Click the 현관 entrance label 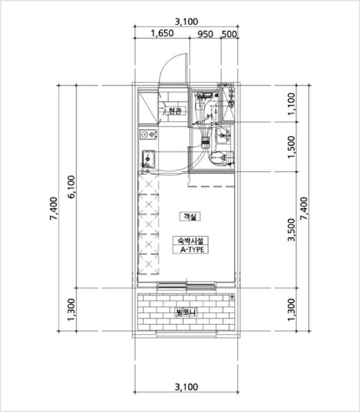coord(175,111)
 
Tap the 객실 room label coord(190,217)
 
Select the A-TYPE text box coord(191,250)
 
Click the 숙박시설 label coord(191,240)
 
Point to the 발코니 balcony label coord(186,313)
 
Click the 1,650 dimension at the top coord(162,34)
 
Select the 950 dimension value coord(205,34)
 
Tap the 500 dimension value coord(229,34)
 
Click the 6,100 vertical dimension coord(71,187)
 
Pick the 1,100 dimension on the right coord(292,104)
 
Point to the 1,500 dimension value coord(292,147)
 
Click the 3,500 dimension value coord(292,230)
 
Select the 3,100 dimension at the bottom coord(186,387)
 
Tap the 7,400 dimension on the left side coord(54,208)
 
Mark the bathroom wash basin coord(224,135)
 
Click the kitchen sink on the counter coord(148,159)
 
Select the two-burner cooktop coord(148,135)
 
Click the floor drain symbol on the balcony coord(232,297)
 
